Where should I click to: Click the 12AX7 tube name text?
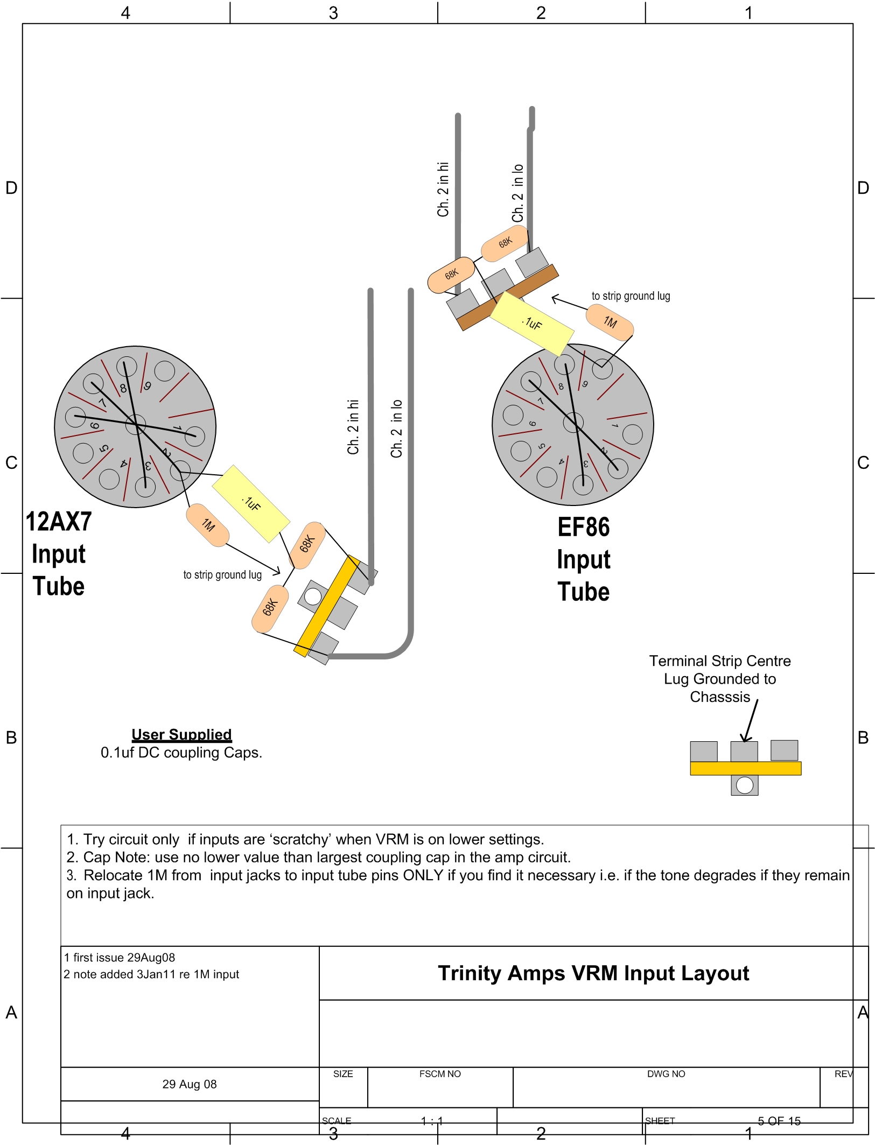tap(59, 522)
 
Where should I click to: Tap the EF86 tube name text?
tap(583, 528)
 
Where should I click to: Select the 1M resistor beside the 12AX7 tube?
tap(208, 525)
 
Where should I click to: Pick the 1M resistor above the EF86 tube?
tap(610, 322)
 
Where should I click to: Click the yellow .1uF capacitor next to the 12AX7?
tap(251, 503)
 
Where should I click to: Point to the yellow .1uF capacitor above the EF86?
tap(532, 323)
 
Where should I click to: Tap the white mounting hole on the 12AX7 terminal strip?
tap(313, 596)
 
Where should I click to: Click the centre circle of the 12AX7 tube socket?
tap(135, 425)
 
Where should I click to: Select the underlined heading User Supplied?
tap(181, 735)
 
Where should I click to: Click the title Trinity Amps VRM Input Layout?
tap(593, 973)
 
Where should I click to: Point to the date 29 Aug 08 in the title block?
tap(190, 1084)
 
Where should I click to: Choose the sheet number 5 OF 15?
tap(779, 1121)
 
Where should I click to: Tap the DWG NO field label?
tap(666, 1074)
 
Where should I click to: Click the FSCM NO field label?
tap(440, 1074)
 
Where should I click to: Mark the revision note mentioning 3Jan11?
tap(151, 974)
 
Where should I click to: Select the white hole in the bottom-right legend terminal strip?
tap(744, 785)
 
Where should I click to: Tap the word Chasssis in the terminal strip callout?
tap(720, 697)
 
